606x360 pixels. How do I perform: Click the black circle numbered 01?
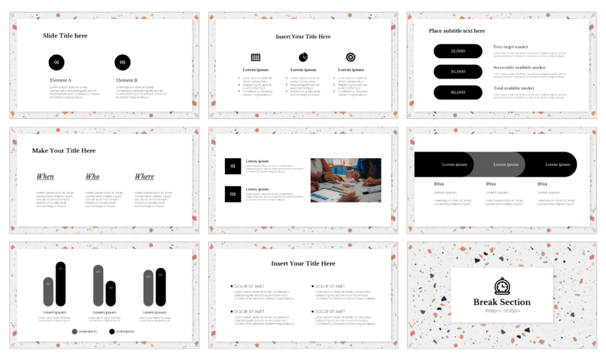56,62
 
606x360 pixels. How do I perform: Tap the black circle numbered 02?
122,62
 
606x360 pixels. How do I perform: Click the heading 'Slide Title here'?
65,36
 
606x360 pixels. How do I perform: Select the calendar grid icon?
256,57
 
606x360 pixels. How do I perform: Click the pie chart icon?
303,57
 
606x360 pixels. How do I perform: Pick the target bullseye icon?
350,57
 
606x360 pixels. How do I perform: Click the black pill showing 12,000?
458,51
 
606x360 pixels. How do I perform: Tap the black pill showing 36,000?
458,92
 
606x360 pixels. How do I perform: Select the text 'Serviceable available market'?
519,67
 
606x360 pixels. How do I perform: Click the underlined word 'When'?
45,176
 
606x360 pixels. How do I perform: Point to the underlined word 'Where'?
144,176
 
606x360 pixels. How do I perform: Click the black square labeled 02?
232,194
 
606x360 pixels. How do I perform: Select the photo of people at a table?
345,180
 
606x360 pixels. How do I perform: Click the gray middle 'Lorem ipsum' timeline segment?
500,164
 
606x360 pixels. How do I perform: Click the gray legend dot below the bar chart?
75,331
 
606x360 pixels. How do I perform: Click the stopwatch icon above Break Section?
502,286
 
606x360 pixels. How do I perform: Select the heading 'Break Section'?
502,302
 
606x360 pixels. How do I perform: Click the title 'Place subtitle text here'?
457,31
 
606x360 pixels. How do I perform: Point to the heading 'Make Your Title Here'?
64,151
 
